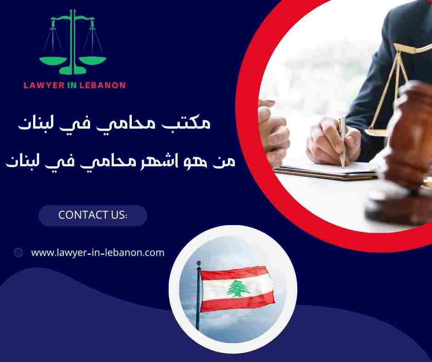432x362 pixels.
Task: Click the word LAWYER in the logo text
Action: pos(44,85)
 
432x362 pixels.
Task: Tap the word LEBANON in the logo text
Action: pos(103,85)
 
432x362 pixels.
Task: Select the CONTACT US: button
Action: pos(92,215)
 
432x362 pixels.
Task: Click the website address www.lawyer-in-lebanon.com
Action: pos(97,252)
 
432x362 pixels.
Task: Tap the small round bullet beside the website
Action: pos(18,252)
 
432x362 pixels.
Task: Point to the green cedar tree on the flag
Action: pos(238,288)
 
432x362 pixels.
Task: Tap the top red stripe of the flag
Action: pos(234,274)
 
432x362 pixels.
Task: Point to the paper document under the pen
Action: pos(322,170)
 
